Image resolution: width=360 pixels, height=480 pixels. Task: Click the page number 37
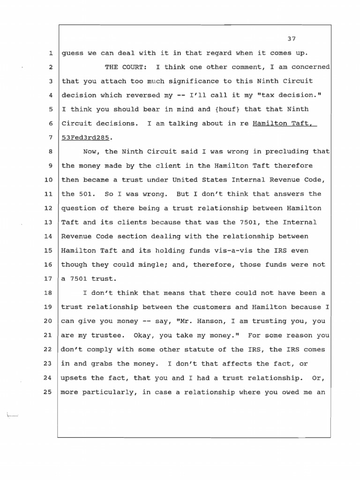tap(293, 38)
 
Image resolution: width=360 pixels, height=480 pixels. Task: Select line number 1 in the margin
tap(50, 53)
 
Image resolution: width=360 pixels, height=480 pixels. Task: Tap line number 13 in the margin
tap(48, 222)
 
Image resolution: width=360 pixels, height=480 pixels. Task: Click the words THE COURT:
tap(125, 67)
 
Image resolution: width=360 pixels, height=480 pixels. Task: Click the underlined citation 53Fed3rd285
tap(87, 138)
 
